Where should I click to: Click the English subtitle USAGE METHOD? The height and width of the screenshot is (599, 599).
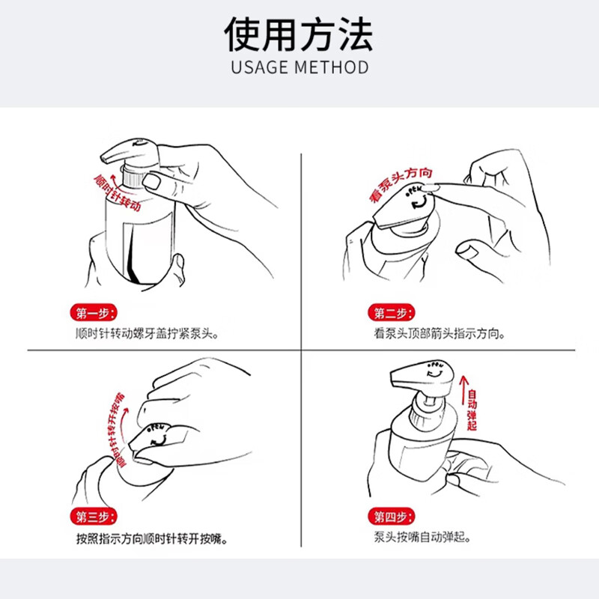[299, 67]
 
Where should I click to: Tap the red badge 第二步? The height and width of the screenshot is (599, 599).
[390, 313]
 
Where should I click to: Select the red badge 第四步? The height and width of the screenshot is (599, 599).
[390, 517]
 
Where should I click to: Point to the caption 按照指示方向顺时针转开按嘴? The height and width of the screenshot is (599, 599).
[152, 538]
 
